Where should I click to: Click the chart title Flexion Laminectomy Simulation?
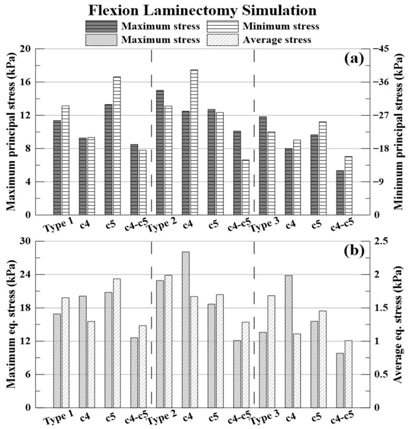click(x=204, y=10)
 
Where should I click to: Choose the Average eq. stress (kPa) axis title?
click(x=399, y=324)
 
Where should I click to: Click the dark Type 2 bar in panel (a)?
click(x=159, y=152)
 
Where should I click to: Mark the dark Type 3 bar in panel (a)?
click(x=263, y=166)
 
